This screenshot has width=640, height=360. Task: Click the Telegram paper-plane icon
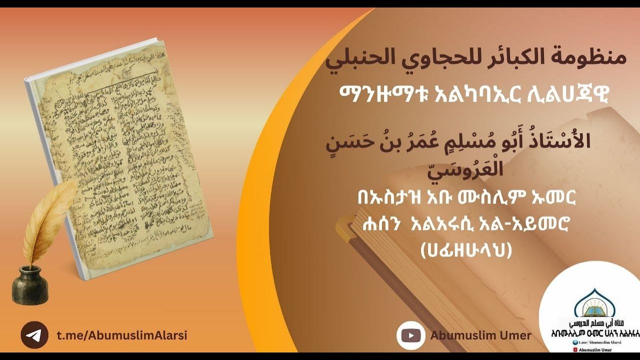(x=34, y=335)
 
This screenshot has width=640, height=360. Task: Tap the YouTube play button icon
(x=410, y=335)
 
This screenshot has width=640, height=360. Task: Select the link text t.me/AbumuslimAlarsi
(x=121, y=335)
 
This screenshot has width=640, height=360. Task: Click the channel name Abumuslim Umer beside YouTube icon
(x=480, y=335)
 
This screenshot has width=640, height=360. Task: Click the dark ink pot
(x=30, y=285)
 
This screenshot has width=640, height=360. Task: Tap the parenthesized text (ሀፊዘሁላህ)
(x=466, y=249)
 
